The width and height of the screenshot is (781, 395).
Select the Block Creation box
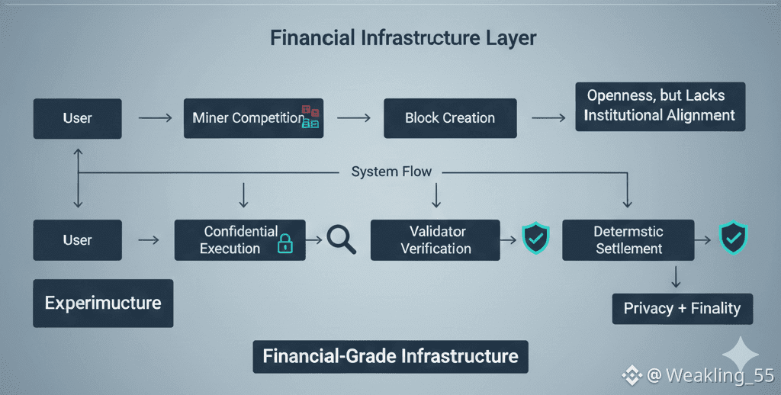click(449, 118)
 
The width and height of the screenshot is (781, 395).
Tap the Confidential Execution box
click(239, 240)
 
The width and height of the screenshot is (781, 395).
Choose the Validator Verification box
click(435, 240)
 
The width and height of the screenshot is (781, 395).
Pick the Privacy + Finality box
click(682, 309)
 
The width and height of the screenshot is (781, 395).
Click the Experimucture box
click(103, 303)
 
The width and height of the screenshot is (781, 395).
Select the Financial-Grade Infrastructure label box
click(390, 356)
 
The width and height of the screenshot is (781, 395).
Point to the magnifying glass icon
click(341, 239)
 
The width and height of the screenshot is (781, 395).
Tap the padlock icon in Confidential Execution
click(285, 243)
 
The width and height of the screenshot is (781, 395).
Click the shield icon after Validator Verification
click(535, 239)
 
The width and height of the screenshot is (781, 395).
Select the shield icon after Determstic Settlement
click(734, 238)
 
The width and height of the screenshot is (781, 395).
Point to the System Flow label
click(391, 172)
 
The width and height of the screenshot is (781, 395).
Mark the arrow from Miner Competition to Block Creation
click(353, 118)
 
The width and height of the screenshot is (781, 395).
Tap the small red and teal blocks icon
click(310, 117)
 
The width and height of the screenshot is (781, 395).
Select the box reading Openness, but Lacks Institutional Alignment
click(660, 106)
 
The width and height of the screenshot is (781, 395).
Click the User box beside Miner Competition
click(77, 118)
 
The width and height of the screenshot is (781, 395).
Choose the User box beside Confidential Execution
click(77, 240)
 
